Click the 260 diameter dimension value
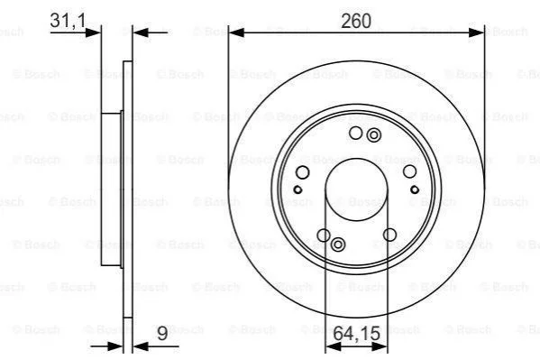[356, 21]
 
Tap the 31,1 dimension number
[68, 21]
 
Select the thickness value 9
[162, 334]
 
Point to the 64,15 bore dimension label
[357, 334]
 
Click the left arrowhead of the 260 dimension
[236, 32]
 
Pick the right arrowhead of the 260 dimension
[476, 32]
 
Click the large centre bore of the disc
[356, 189]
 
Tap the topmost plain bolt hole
[356, 133]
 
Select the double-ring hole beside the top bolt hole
[373, 135]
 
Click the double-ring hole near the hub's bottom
[338, 245]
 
